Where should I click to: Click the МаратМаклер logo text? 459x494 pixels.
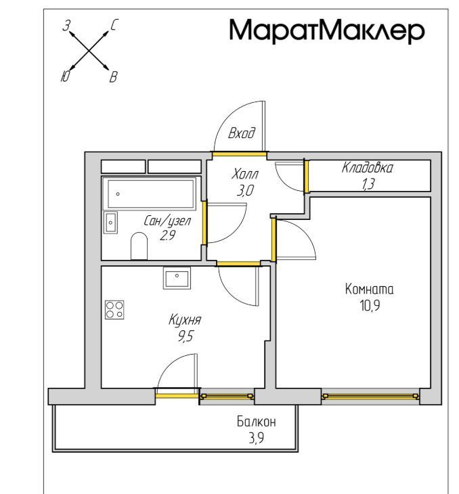pyautogui.click(x=327, y=30)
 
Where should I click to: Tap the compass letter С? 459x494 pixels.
pyautogui.click(x=114, y=25)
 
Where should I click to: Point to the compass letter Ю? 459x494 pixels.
pyautogui.click(x=64, y=76)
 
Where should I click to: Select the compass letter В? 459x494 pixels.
pyautogui.click(x=114, y=77)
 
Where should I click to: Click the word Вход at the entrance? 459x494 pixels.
pyautogui.click(x=242, y=133)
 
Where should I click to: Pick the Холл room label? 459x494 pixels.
pyautogui.click(x=245, y=174)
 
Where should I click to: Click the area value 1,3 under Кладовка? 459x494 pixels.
pyautogui.click(x=368, y=184)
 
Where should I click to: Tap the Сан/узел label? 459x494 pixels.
pyautogui.click(x=167, y=221)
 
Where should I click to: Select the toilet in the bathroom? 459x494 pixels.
pyautogui.click(x=139, y=246)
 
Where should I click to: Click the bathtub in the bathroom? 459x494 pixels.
pyautogui.click(x=150, y=194)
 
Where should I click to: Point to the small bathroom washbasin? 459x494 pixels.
pyautogui.click(x=110, y=223)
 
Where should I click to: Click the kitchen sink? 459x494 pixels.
pyautogui.click(x=177, y=278)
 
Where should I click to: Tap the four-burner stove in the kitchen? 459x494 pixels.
pyautogui.click(x=114, y=310)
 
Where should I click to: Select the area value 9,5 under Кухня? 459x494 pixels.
pyautogui.click(x=185, y=336)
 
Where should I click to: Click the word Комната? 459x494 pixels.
pyautogui.click(x=369, y=289)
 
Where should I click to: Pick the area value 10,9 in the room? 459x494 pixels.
pyautogui.click(x=370, y=305)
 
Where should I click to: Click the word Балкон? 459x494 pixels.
pyautogui.click(x=257, y=422)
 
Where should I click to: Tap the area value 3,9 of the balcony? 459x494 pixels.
pyautogui.click(x=257, y=438)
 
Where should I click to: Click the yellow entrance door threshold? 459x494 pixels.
pyautogui.click(x=239, y=154)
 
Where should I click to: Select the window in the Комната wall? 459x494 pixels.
pyautogui.click(x=370, y=397)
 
